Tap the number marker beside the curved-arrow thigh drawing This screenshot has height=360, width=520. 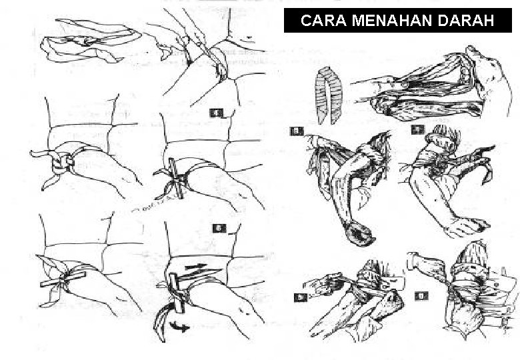click(218, 229)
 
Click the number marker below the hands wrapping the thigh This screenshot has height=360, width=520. click(215, 113)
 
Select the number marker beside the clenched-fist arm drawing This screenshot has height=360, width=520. click(296, 131)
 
